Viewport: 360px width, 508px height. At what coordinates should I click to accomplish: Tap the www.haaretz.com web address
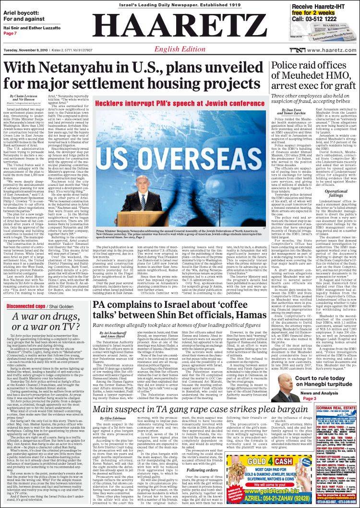pyautogui.click(x=332, y=50)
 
